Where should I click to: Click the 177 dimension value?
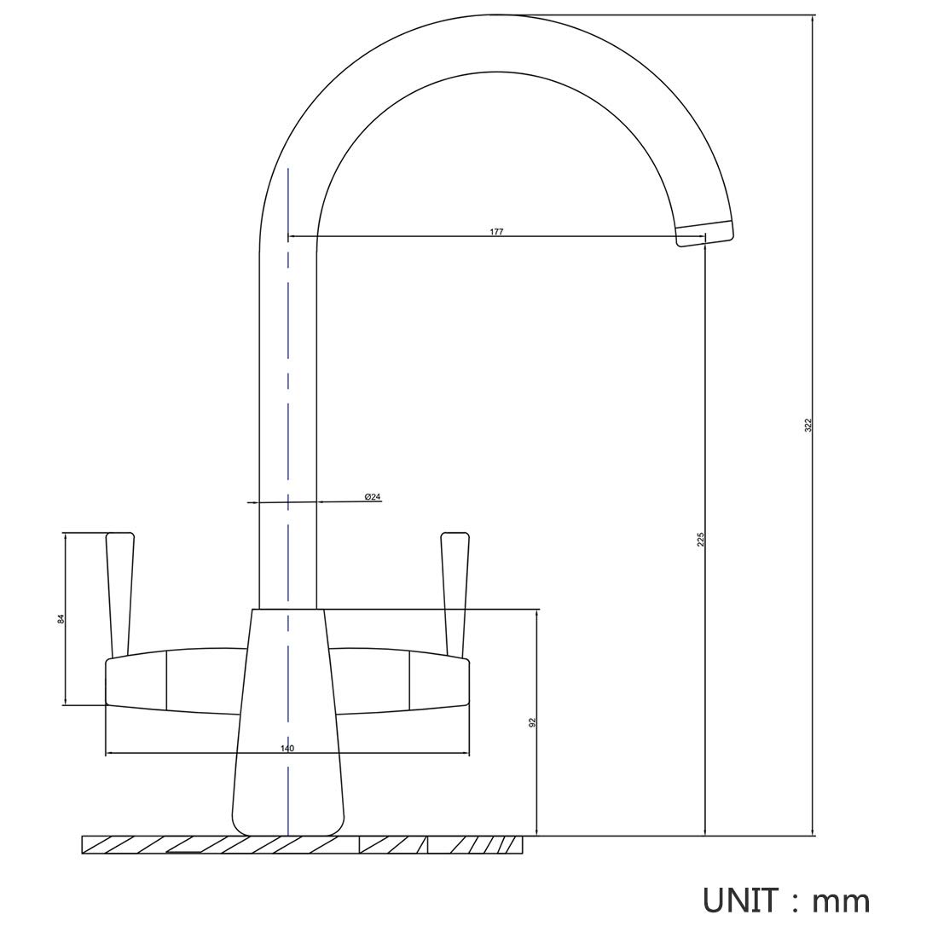click(496, 231)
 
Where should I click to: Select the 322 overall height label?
click(808, 426)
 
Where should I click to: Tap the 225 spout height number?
click(701, 539)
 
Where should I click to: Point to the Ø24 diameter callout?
click(372, 497)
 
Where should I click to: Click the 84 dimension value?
click(61, 619)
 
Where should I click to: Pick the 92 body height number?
click(532, 722)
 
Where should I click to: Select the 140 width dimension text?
click(287, 749)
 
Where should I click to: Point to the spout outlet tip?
click(704, 233)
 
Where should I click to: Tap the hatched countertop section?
click(302, 845)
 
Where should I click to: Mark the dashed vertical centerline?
click(288, 501)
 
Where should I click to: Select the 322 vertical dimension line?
click(813, 426)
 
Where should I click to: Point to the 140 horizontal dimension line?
click(287, 754)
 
